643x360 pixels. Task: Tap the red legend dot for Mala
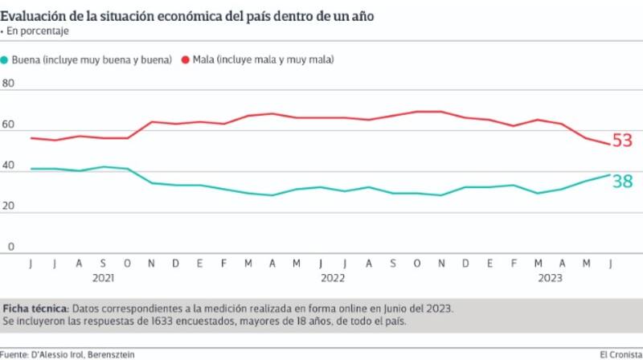point(186,60)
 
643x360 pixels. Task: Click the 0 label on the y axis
point(11,247)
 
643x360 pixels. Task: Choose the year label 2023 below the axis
point(550,278)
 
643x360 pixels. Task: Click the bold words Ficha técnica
point(35,309)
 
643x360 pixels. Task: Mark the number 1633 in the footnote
point(187,321)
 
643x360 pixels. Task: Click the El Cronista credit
point(620,354)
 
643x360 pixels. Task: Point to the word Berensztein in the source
point(124,354)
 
